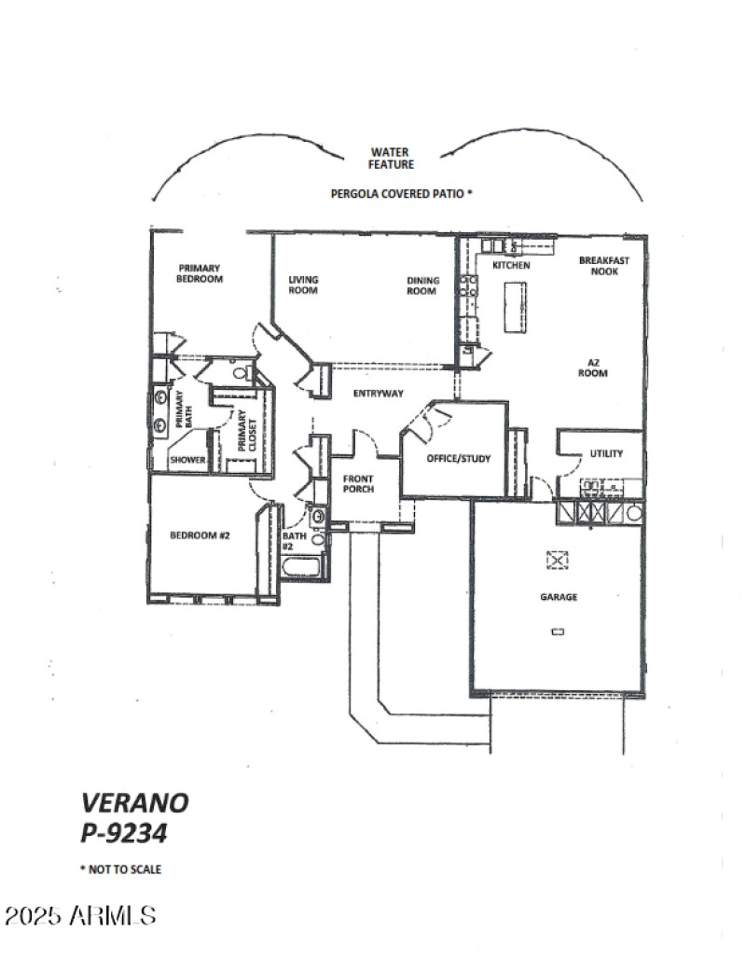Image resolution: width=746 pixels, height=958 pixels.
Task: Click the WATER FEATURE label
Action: pos(392,159)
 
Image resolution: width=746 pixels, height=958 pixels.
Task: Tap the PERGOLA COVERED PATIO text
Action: pos(402,195)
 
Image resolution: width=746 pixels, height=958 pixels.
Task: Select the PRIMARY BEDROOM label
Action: pos(200,272)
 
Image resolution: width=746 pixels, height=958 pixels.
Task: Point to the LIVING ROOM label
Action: pos(303,285)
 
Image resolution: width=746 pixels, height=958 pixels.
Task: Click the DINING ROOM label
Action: pos(421,285)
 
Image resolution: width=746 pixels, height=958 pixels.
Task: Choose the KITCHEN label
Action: pos(511,266)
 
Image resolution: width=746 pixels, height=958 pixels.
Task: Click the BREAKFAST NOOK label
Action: pos(603,266)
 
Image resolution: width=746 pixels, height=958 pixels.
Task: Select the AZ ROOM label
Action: pos(598,368)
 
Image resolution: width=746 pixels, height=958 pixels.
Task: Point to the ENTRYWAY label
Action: pos(378,394)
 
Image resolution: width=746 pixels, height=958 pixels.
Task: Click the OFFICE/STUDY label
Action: pos(459,458)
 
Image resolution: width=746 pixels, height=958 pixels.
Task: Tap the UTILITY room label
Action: pos(606,454)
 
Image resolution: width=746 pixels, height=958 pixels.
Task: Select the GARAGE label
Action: pos(557,597)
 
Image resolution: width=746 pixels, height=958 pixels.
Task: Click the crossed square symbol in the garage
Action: pos(557,559)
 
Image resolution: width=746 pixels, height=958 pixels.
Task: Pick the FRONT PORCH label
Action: pos(359,483)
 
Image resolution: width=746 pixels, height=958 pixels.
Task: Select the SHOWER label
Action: pos(186,459)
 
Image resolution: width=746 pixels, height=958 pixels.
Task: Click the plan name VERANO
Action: pos(135,802)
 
